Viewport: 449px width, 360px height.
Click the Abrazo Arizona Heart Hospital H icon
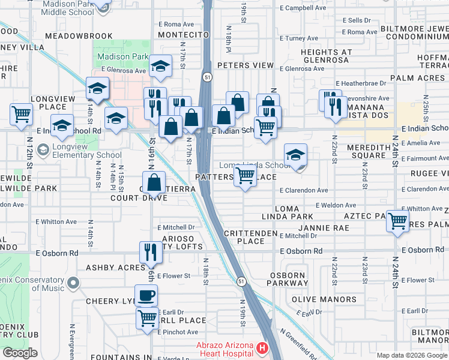click(262, 348)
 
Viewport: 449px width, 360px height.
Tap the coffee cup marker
click(146, 295)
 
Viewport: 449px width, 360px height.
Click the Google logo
click(19, 353)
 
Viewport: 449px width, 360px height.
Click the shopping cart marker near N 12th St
click(21, 113)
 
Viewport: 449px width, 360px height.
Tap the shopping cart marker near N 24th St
click(398, 221)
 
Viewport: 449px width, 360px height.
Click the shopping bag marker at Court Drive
click(154, 182)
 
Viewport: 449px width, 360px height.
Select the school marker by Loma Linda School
click(295, 154)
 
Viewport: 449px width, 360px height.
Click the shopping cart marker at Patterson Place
click(245, 176)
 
